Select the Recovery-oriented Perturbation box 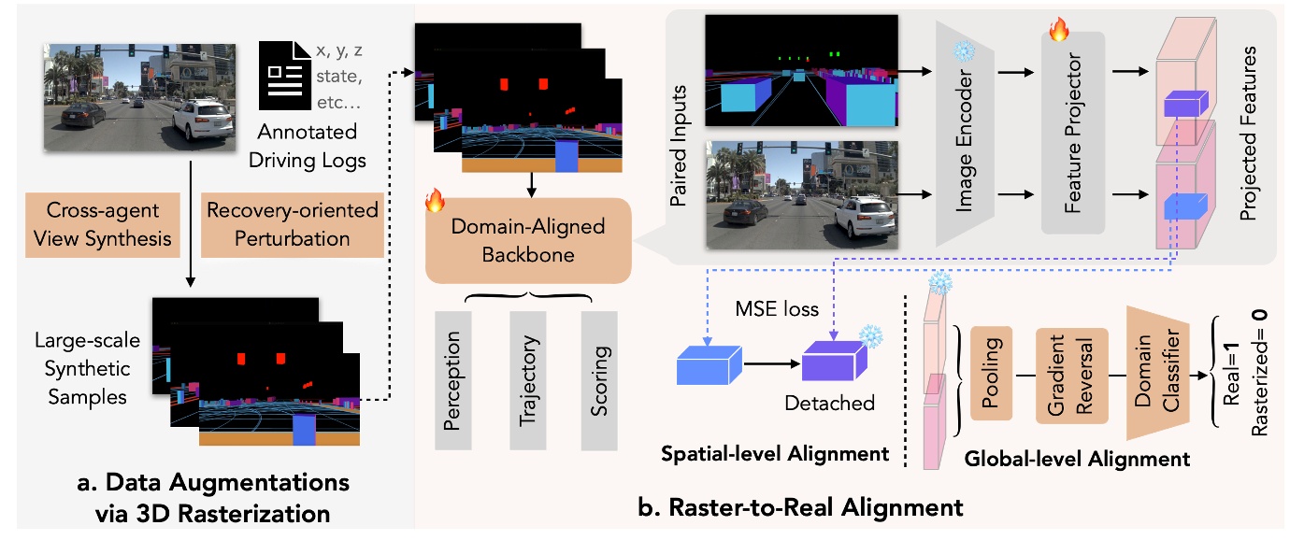292,225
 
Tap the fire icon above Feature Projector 1058,32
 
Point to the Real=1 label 1231,377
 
